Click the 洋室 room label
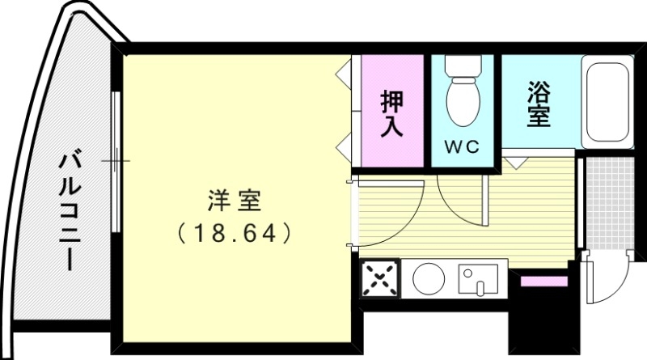234,199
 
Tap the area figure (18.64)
234,234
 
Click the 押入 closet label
393,113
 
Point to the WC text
463,147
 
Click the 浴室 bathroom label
538,104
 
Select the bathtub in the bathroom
607,103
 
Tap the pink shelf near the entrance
543,281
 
